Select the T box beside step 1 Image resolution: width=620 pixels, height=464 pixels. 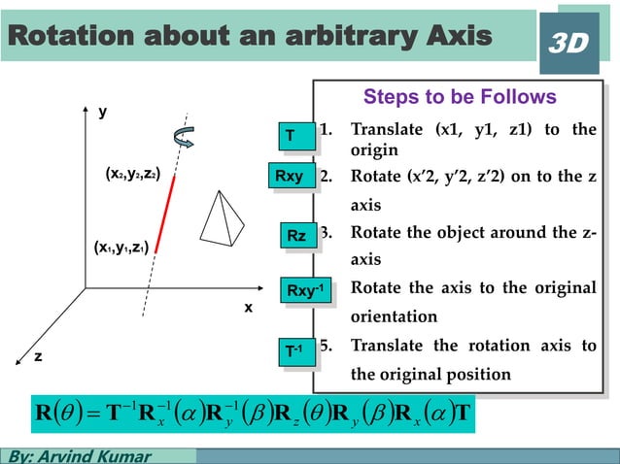(x=290, y=136)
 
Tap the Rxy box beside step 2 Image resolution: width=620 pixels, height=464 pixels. (x=290, y=177)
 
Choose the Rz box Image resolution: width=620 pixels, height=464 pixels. (x=296, y=236)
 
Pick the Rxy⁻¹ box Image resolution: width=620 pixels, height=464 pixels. (x=305, y=290)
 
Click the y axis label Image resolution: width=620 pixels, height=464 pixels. (x=102, y=113)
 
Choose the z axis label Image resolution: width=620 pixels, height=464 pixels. (x=39, y=356)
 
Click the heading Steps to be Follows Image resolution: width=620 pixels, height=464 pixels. (x=459, y=97)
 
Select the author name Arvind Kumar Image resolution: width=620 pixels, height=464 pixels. (x=96, y=455)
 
